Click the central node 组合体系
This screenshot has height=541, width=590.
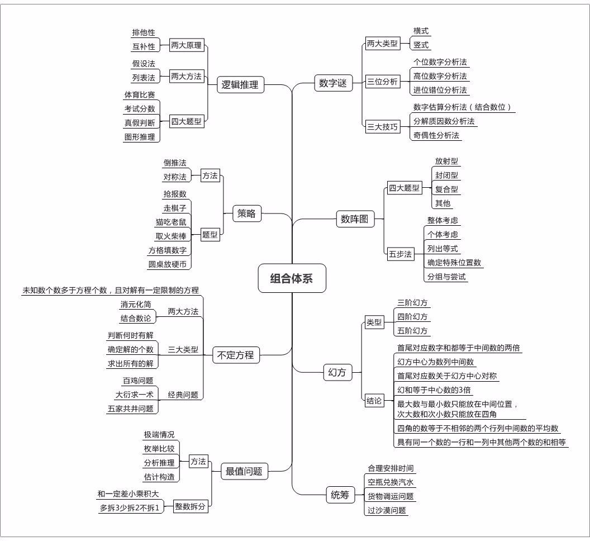coord(292,278)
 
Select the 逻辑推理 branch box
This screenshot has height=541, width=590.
coord(240,85)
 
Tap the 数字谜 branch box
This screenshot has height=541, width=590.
coord(333,83)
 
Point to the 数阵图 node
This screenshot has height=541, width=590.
coord(355,219)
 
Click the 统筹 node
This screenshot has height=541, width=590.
coord(340,495)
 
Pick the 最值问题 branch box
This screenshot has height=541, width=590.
coord(244,471)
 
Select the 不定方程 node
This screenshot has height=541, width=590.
coord(236,354)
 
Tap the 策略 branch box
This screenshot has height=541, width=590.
coord(246,213)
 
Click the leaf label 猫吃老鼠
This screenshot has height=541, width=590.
coord(171,222)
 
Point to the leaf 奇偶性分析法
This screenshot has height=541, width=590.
coord(436,135)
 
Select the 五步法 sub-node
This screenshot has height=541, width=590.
coord(400,254)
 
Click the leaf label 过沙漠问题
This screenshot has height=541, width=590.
coord(386,510)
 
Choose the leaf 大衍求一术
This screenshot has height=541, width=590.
coord(134,395)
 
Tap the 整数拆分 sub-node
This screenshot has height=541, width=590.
coord(190,506)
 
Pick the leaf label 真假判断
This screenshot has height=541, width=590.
coord(140,122)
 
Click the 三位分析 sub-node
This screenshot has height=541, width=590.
coord(382,82)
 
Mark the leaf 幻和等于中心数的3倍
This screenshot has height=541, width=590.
coord(434,390)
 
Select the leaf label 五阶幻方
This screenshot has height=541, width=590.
coord(412,331)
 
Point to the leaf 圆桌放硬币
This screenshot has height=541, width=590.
coord(168,264)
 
